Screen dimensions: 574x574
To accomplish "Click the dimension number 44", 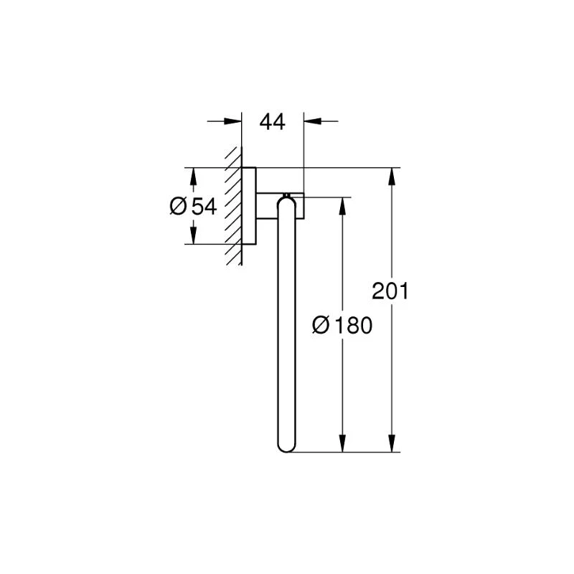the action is point(272,122).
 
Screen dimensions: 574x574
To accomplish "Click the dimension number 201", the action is point(390,291).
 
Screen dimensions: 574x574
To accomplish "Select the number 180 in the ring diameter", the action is point(353,325).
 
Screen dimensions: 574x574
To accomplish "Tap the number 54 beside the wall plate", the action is point(204,206).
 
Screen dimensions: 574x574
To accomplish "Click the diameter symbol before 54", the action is point(178,206).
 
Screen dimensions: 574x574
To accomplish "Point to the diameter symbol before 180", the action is point(321,325).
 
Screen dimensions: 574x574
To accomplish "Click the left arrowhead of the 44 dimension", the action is point(232,121).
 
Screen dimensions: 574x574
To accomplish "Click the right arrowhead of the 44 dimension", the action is point(313,121).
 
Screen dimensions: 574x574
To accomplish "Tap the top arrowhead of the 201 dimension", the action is point(392,177).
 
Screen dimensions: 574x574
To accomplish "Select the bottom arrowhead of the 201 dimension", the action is point(392,443).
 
